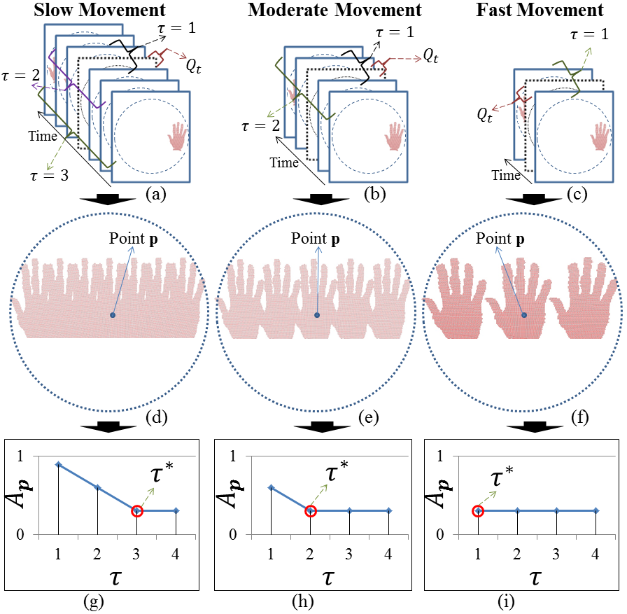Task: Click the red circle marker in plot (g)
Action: (137, 510)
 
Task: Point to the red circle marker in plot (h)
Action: (309, 510)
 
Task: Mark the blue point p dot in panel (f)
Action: (524, 316)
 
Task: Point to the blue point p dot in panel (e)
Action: (317, 316)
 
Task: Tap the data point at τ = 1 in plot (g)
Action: (59, 464)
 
